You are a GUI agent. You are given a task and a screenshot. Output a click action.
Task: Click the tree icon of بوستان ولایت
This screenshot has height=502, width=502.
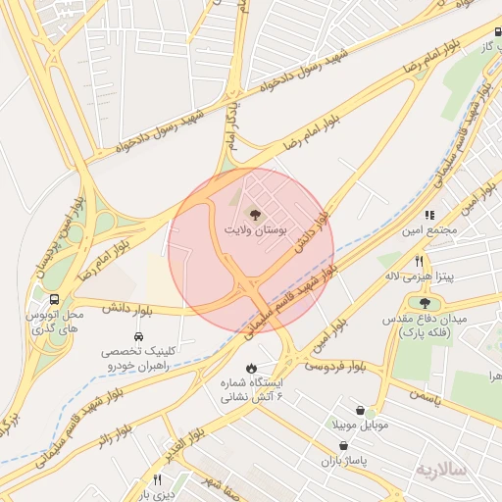255,215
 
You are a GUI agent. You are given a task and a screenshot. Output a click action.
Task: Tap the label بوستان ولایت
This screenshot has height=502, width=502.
255,232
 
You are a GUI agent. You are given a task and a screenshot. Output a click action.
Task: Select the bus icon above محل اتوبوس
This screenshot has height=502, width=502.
53,298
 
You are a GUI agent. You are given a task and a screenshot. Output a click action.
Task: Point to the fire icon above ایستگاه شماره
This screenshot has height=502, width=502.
236,368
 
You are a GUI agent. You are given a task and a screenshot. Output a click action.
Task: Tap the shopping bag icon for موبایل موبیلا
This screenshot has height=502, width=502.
362,410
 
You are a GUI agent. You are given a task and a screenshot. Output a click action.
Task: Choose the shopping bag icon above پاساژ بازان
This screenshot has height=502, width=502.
341,444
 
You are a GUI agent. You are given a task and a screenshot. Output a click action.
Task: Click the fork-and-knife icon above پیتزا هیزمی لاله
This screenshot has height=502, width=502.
420,261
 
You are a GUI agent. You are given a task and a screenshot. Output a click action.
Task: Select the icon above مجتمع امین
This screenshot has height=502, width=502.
428,214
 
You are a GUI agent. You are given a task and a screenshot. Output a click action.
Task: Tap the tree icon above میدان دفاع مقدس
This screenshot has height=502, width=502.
425,302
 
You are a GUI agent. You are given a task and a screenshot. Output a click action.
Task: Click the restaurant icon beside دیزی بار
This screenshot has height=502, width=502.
157,479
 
